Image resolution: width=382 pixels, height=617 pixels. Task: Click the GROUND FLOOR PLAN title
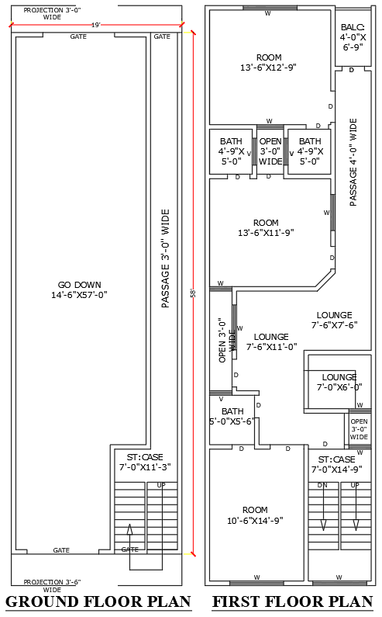point(98,602)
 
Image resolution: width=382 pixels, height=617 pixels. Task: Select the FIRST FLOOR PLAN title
point(293,602)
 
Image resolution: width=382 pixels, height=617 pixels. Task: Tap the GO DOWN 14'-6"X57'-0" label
point(78,289)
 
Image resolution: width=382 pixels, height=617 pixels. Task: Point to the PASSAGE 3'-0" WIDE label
point(165,258)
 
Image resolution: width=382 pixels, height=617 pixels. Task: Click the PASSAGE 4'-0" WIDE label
point(353,161)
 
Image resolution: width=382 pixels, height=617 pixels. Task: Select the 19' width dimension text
point(96,26)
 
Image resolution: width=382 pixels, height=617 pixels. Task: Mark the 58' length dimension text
point(193,292)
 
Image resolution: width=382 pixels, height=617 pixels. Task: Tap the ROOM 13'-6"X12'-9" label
point(269,63)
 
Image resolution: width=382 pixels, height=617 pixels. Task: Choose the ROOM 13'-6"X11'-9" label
point(266,227)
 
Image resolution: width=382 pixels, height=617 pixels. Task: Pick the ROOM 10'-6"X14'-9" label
point(255,515)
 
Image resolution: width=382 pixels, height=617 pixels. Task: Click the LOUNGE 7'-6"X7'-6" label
point(334,320)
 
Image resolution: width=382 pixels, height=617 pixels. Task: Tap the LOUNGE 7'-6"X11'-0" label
point(271,341)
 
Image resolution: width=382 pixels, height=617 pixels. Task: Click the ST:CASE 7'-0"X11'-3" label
point(144,462)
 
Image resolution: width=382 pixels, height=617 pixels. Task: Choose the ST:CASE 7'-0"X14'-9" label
point(337,464)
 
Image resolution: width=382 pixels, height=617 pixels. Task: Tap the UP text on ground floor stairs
point(161,486)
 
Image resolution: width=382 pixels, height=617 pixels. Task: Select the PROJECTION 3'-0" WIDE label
point(53,13)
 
